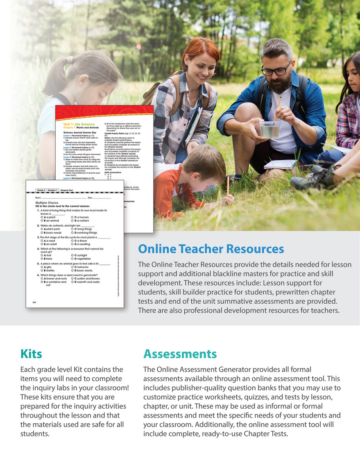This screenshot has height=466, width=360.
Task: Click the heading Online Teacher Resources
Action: point(211,249)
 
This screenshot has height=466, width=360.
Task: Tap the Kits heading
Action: point(31,353)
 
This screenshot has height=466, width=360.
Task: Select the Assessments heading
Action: point(180,353)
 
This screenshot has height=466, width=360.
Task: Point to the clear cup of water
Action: point(269,129)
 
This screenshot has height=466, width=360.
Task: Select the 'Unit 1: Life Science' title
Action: point(79,124)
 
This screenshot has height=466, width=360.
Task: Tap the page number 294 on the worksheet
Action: point(34,302)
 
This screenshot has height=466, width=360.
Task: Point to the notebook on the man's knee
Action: point(280,164)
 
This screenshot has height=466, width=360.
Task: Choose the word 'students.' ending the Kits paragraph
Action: point(35,434)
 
